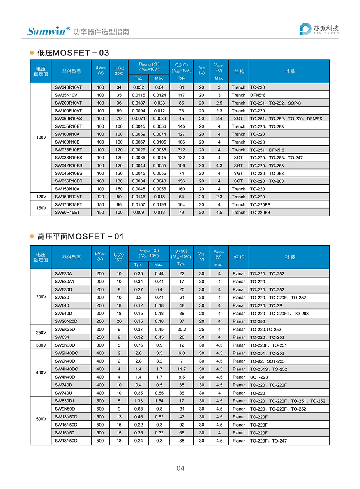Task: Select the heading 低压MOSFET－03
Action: (73, 53)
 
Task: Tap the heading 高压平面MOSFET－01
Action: (80, 236)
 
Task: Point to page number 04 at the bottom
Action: (180, 468)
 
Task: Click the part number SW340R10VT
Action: (68, 87)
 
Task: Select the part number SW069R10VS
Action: (68, 119)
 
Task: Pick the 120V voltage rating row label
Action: (41, 197)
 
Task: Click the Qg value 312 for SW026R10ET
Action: (181, 150)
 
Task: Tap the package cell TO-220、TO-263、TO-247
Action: (276, 158)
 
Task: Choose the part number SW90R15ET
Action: (67, 212)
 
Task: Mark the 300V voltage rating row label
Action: (41, 345)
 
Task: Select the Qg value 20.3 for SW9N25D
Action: (181, 329)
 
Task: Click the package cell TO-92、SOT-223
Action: (267, 361)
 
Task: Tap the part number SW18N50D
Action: (66, 441)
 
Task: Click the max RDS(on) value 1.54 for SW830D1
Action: (159, 401)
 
